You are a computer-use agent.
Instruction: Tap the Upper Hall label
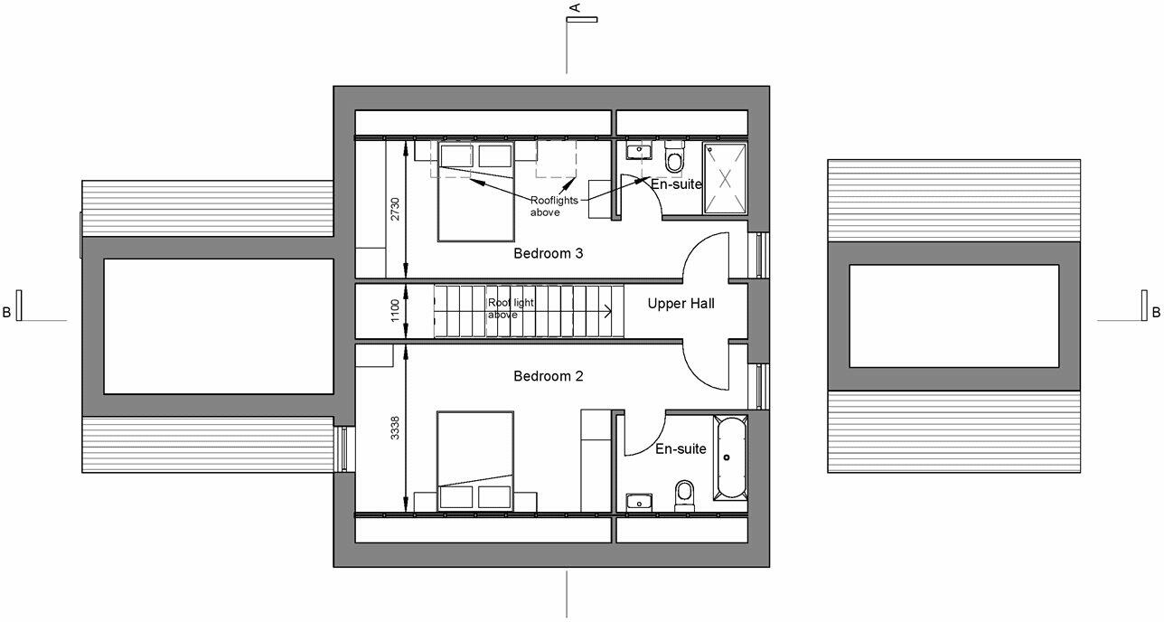pos(681,304)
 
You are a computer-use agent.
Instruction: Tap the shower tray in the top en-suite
pos(726,177)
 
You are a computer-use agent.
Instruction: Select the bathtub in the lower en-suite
pos(730,457)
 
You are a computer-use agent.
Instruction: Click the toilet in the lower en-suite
pos(685,495)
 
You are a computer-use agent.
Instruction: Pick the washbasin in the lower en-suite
pos(639,501)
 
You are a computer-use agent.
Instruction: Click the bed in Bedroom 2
pos(475,461)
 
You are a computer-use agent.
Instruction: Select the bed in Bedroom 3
pos(475,191)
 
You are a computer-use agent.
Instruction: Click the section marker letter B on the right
pos(1155,314)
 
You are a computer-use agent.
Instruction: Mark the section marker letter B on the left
pos(7,314)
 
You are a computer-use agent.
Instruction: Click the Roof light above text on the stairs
pos(504,309)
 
